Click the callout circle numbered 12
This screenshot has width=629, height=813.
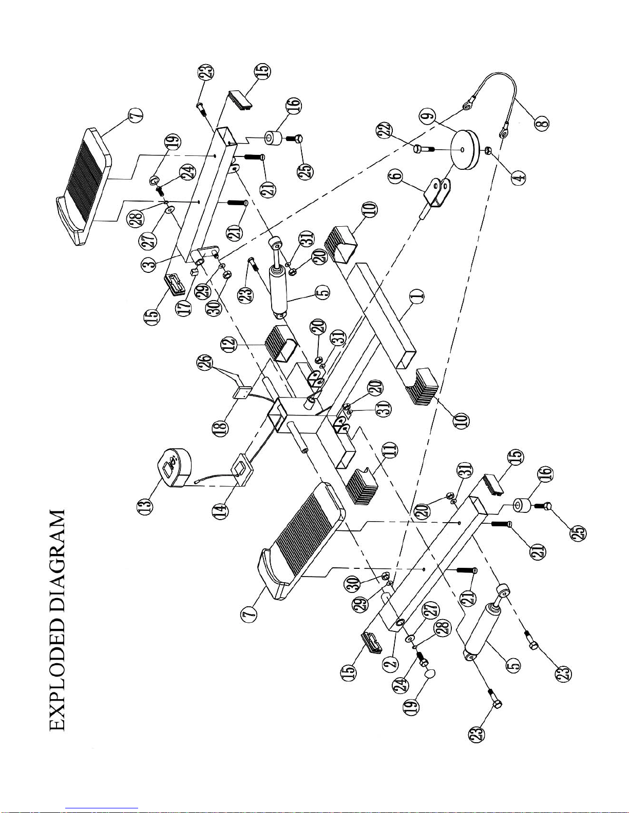click(x=230, y=343)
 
